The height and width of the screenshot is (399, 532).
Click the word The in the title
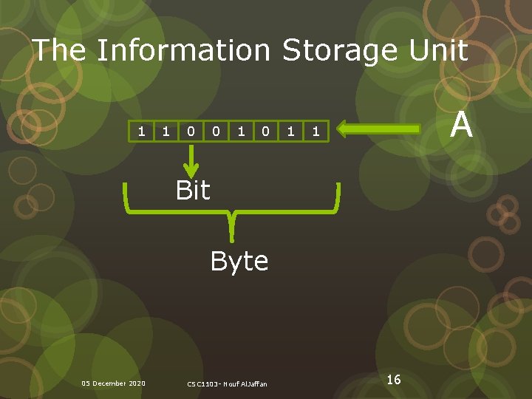(61, 50)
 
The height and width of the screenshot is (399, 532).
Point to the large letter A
(462, 125)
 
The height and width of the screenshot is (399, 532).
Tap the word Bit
(193, 191)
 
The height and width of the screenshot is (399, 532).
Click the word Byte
(239, 261)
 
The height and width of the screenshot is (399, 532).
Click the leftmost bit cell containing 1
(141, 131)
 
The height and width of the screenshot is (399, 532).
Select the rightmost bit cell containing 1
(316, 131)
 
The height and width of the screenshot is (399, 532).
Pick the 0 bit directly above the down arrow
(191, 131)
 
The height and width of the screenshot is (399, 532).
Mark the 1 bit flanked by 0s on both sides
(241, 131)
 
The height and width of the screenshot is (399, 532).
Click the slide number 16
(394, 379)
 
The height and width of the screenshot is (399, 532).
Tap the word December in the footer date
(109, 383)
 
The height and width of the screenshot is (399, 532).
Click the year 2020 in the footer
(137, 383)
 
